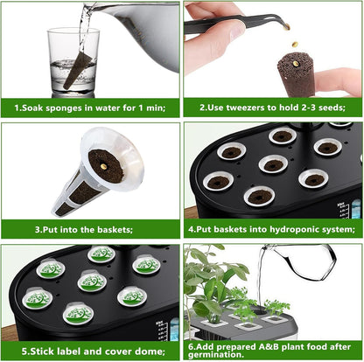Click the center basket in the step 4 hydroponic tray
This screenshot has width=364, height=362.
tap(274, 164)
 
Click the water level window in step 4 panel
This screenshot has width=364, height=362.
tap(355, 210)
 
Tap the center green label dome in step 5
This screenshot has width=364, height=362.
tap(91, 281)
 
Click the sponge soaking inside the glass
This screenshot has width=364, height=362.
tap(75, 70)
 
